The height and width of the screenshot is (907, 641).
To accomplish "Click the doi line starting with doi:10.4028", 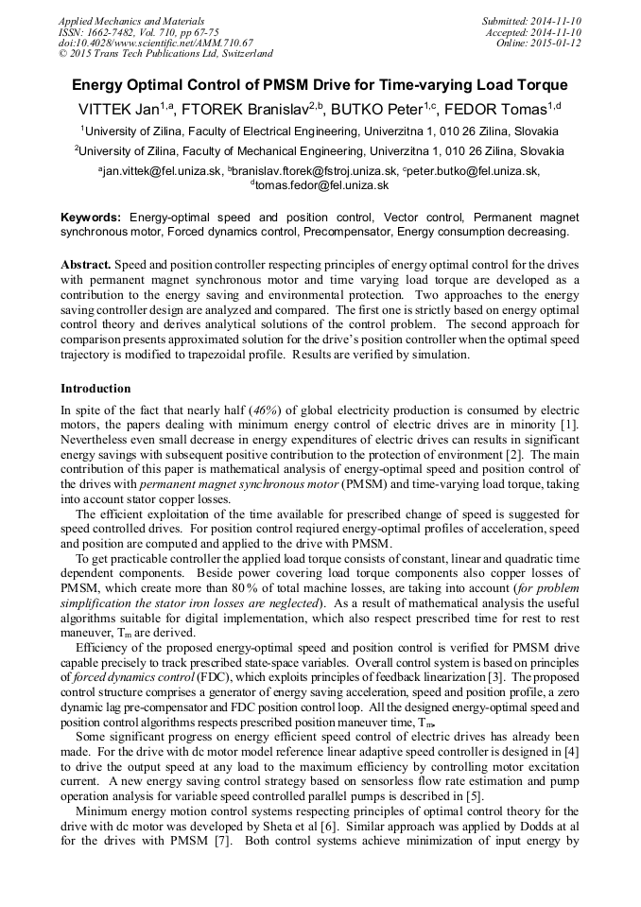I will (x=156, y=44).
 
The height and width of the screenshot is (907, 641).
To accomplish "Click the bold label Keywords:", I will (x=91, y=217).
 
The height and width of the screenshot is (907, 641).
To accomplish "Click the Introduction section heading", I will (x=95, y=389).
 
